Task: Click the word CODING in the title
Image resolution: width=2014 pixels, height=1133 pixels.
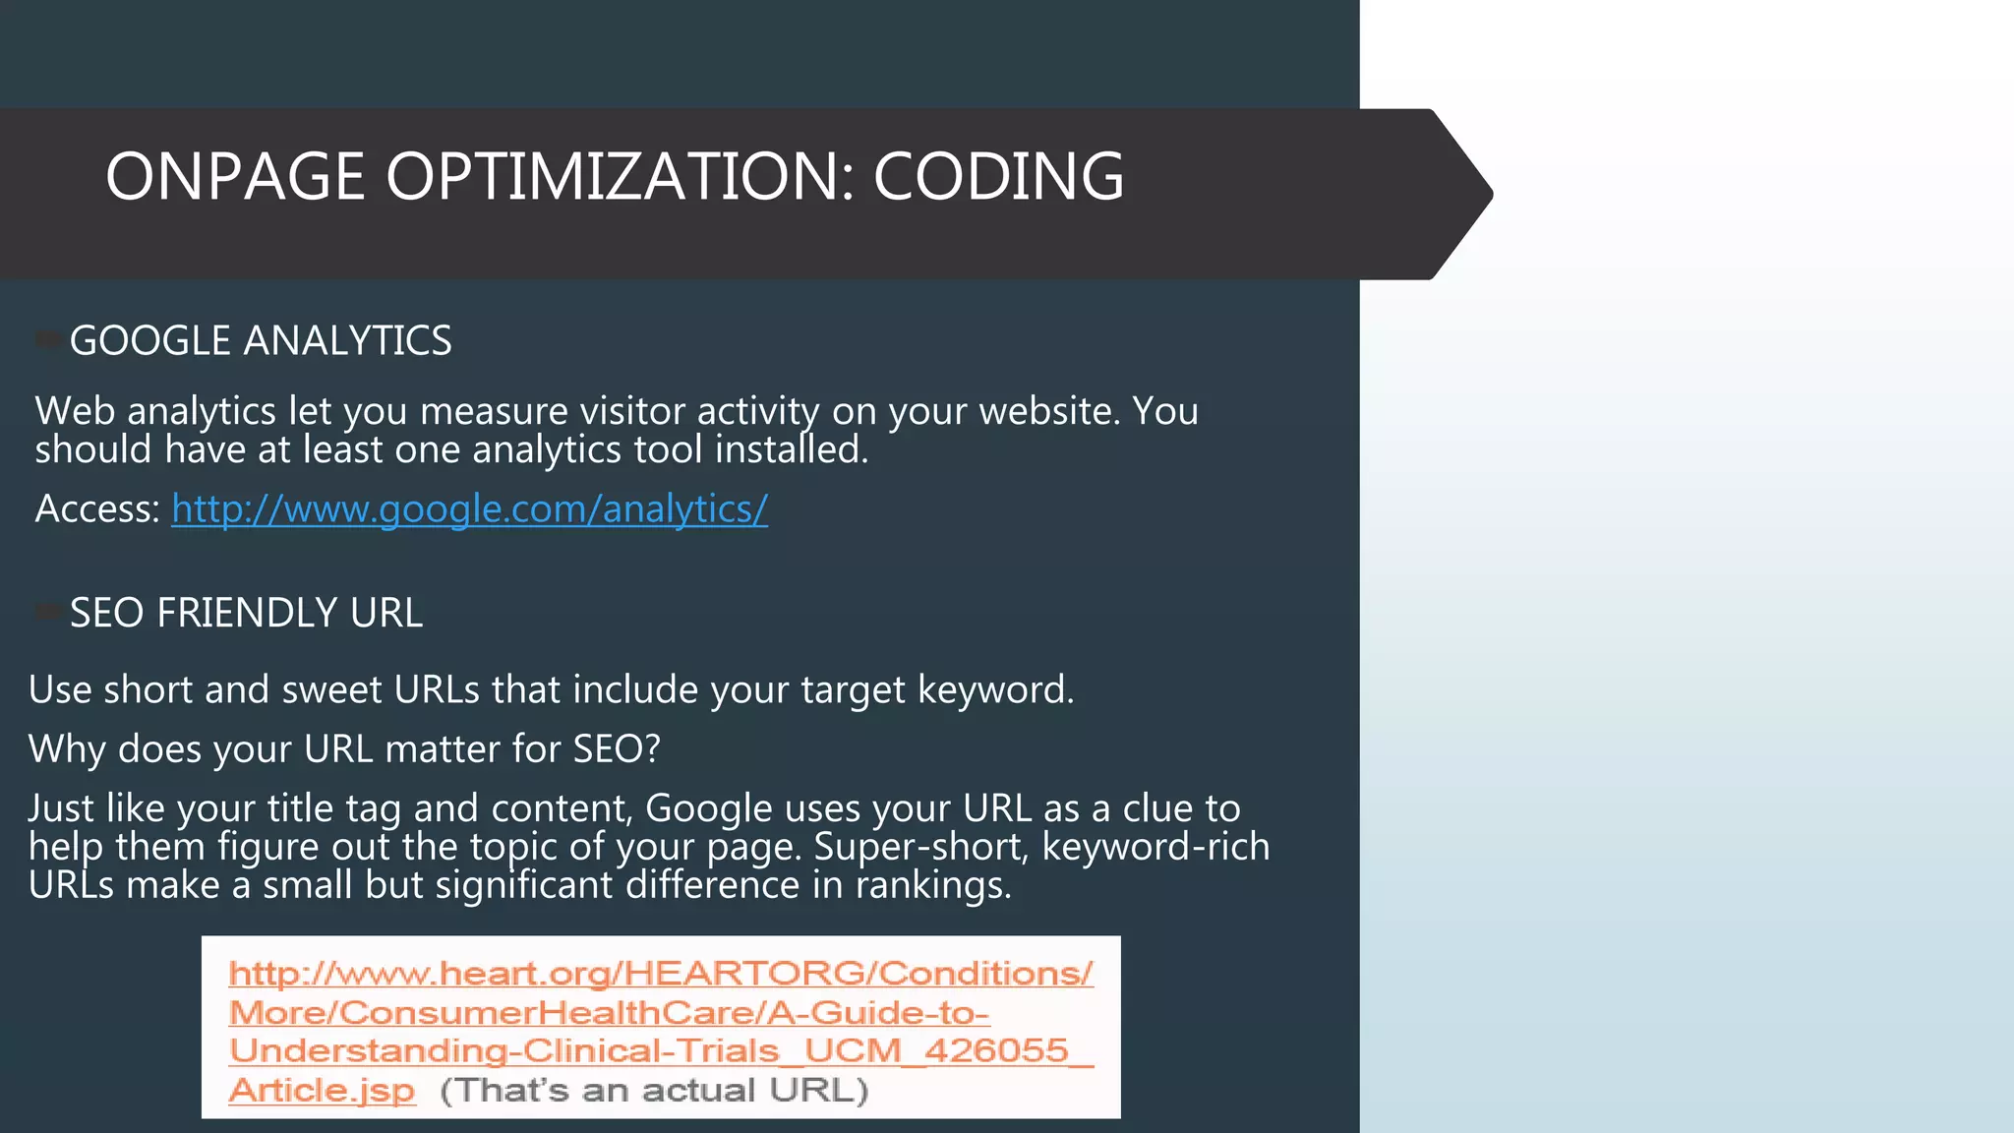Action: click(998, 177)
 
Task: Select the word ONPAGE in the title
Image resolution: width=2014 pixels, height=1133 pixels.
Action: click(235, 177)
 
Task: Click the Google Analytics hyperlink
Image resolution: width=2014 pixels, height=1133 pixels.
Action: click(469, 509)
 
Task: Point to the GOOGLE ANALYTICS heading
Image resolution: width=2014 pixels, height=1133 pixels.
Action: click(261, 341)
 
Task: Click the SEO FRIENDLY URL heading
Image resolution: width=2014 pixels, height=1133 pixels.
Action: click(246, 614)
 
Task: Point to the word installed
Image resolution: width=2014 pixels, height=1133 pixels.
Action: click(791, 450)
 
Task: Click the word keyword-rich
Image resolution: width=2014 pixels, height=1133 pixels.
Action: click(1155, 847)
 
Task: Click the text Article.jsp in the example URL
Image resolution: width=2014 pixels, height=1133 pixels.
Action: click(322, 1091)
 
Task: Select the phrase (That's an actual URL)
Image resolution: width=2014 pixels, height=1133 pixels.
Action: click(654, 1091)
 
